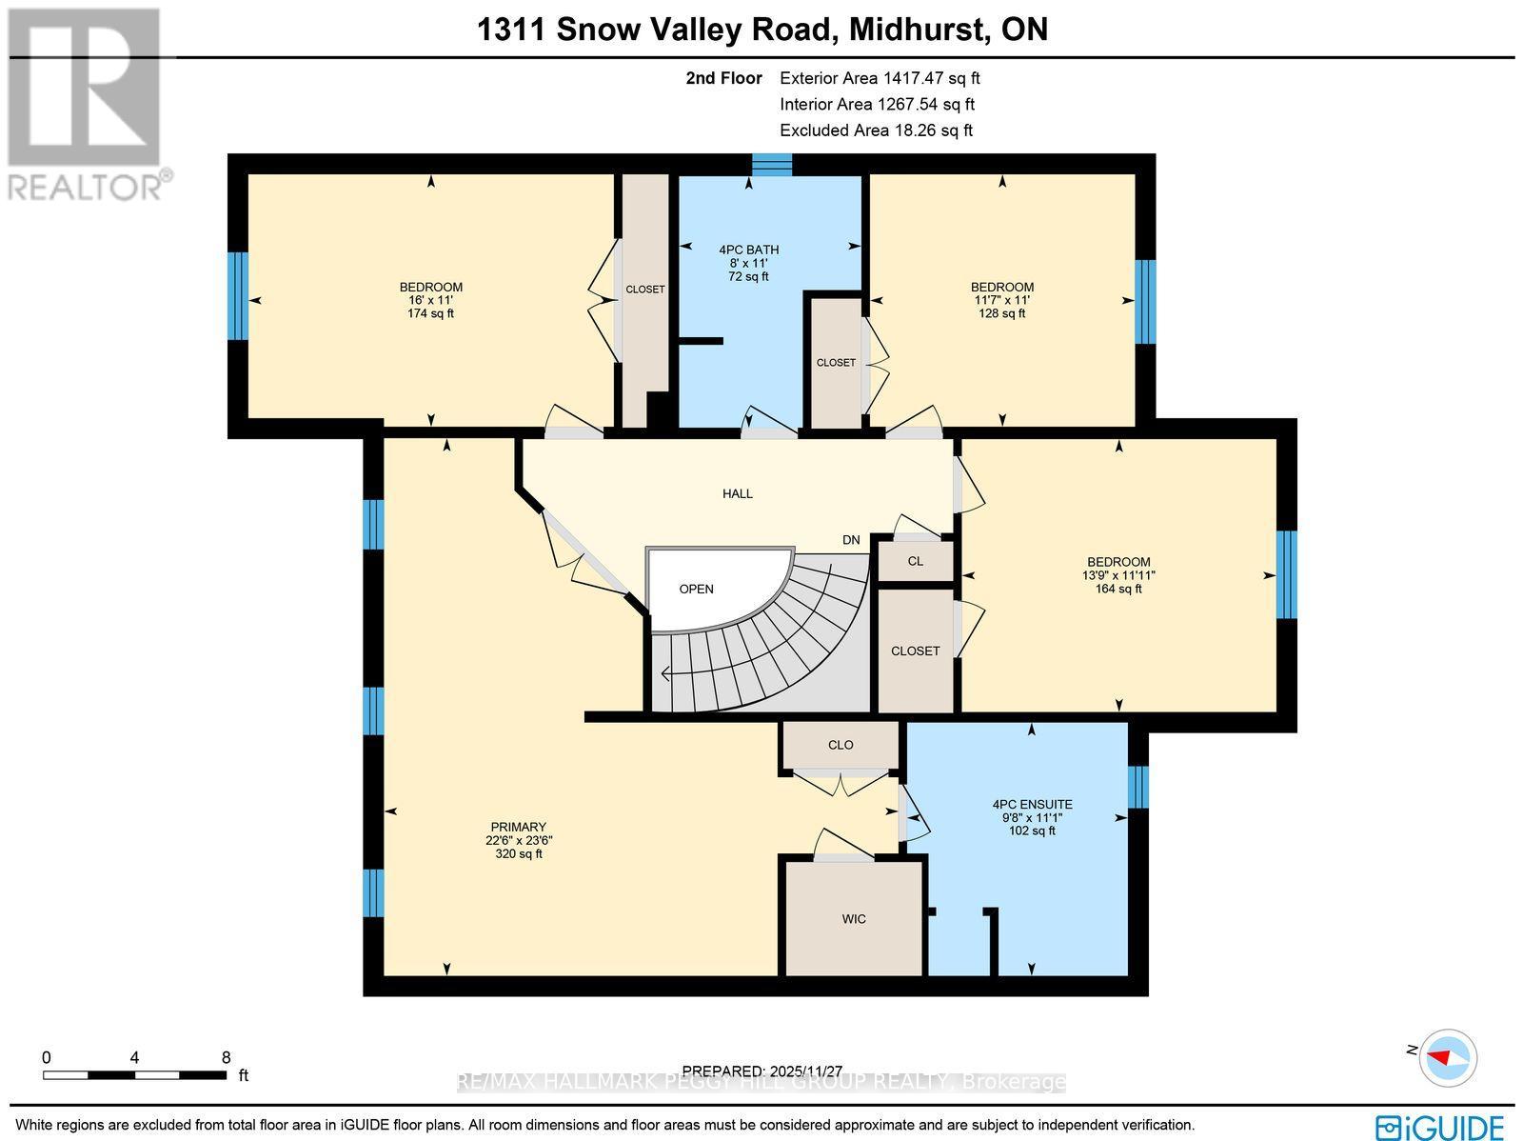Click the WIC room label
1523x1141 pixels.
point(854,919)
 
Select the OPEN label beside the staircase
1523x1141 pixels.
point(696,589)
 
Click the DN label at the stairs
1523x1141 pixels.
point(851,540)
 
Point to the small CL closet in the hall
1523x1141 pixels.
point(915,561)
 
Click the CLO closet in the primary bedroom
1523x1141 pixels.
point(841,745)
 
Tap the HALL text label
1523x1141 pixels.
point(737,493)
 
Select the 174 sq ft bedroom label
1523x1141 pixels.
point(430,300)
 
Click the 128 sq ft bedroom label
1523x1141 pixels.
point(1001,300)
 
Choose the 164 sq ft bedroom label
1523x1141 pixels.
point(1118,575)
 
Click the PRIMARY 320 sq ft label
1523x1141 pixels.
point(518,840)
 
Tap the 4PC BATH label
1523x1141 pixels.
point(748,263)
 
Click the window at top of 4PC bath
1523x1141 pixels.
point(771,165)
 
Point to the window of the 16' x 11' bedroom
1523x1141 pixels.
point(238,295)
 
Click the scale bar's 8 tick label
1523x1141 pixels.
point(226,1057)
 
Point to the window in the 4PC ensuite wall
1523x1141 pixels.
point(1138,787)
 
